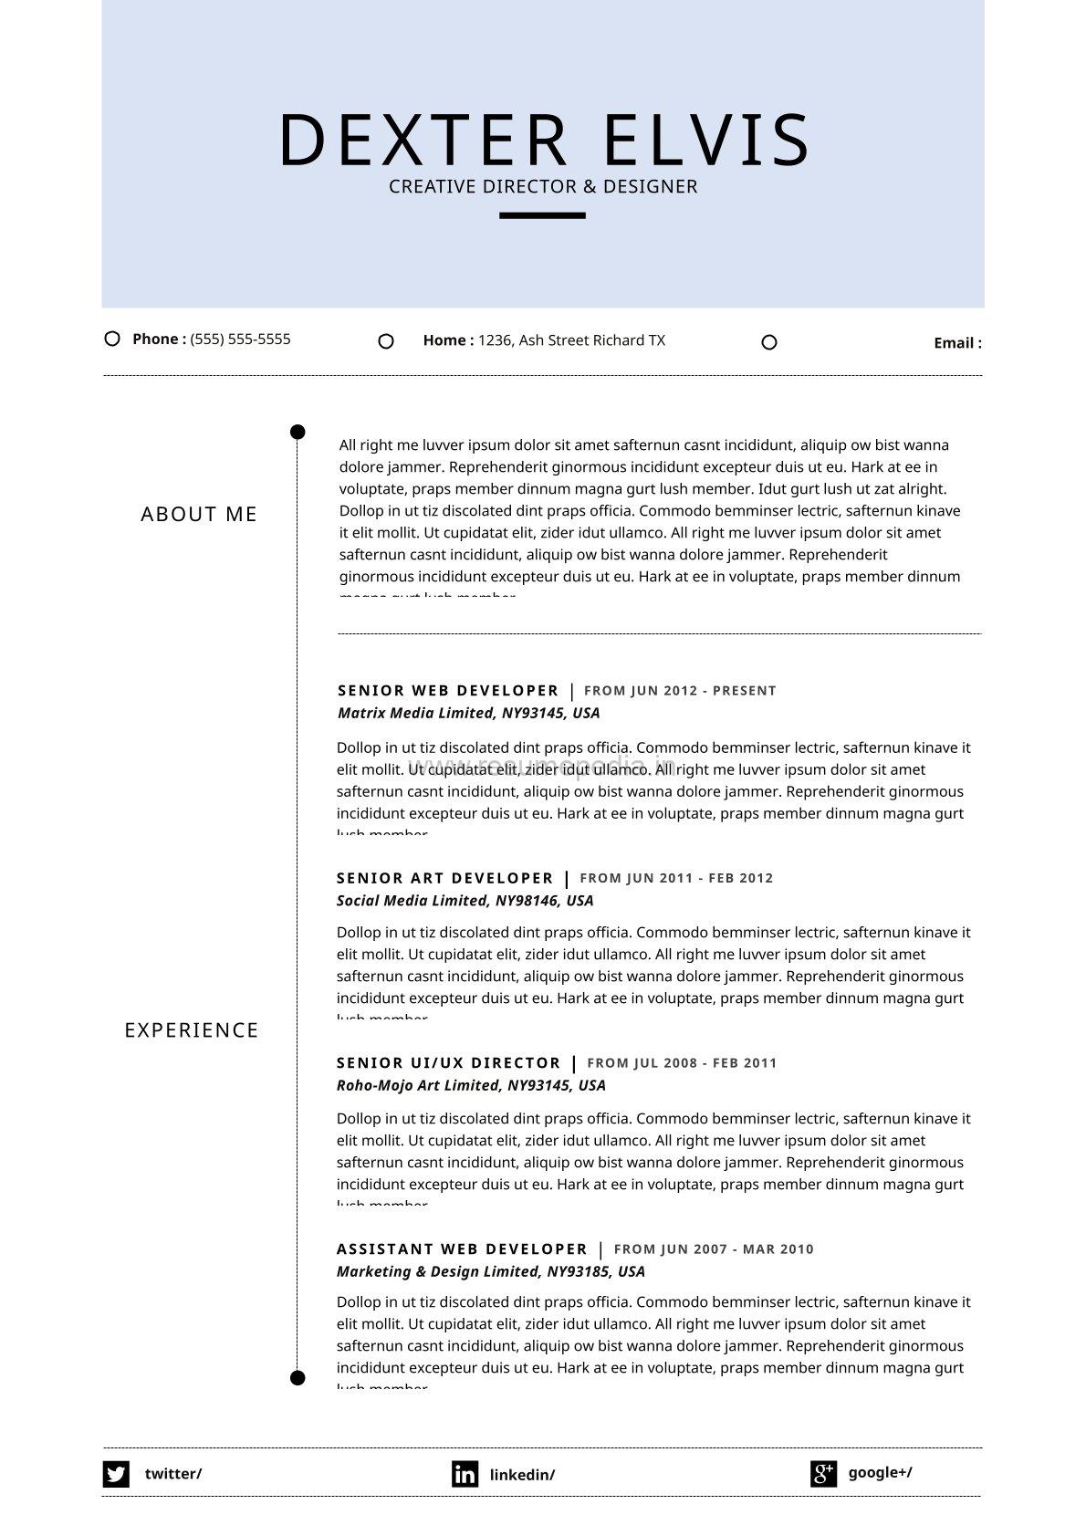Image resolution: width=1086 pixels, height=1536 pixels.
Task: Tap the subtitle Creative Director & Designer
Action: pyautogui.click(x=543, y=186)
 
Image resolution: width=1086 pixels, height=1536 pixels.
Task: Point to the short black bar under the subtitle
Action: pyautogui.click(x=542, y=215)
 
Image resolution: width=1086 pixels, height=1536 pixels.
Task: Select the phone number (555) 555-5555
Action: pyautogui.click(x=240, y=339)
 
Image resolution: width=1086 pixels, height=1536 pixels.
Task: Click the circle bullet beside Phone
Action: pyautogui.click(x=112, y=339)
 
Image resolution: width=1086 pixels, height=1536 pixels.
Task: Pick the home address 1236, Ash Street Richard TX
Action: pyautogui.click(x=571, y=340)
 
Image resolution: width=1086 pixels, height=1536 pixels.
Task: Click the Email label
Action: pyautogui.click(x=957, y=343)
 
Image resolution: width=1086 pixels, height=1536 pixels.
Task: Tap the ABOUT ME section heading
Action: pyautogui.click(x=199, y=515)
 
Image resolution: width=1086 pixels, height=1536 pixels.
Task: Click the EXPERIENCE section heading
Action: pyautogui.click(x=192, y=1030)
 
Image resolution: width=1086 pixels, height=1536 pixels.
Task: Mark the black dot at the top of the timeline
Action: pyautogui.click(x=298, y=432)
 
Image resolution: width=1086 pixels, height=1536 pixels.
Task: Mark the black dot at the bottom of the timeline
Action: pyautogui.click(x=298, y=1377)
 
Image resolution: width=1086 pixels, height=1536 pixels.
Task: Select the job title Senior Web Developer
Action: pyautogui.click(x=448, y=691)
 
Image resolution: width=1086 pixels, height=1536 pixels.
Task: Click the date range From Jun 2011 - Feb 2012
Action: pyautogui.click(x=676, y=878)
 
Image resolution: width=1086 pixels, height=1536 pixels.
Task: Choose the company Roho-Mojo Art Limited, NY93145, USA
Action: pyautogui.click(x=471, y=1085)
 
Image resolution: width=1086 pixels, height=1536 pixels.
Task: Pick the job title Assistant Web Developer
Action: pyautogui.click(x=462, y=1249)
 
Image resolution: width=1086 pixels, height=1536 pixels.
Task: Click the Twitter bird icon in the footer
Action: pyautogui.click(x=116, y=1474)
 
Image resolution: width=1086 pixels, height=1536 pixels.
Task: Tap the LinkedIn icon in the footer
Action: pyautogui.click(x=465, y=1474)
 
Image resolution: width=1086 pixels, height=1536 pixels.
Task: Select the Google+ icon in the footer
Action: pyautogui.click(x=823, y=1473)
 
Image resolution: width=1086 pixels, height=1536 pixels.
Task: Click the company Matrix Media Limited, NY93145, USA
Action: pyautogui.click(x=468, y=713)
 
